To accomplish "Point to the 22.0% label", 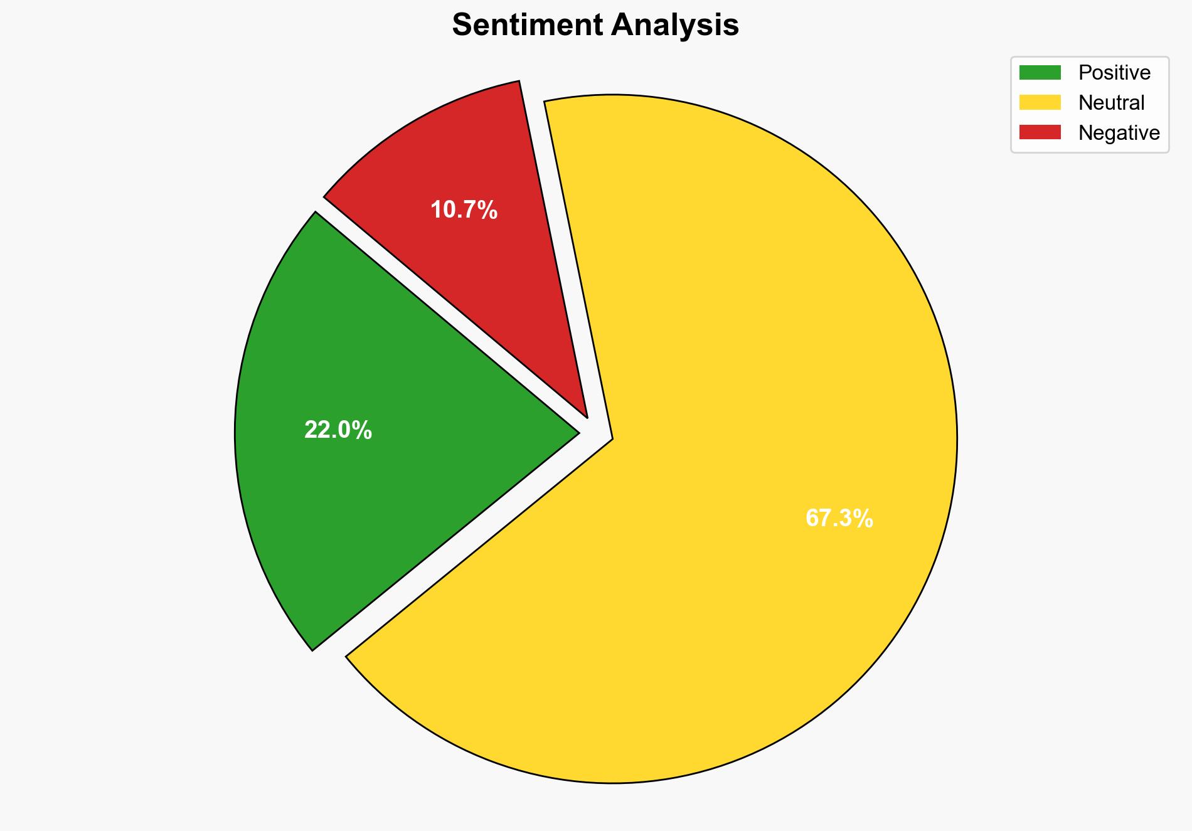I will coord(338,430).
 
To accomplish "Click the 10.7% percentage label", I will coord(464,210).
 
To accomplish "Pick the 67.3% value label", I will coord(839,519).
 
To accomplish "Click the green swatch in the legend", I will coord(1040,73).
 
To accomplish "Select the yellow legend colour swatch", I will coord(1040,102).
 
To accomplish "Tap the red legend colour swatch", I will coord(1040,132).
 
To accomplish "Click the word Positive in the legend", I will coord(1114,73).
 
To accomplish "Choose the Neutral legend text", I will coord(1111,102).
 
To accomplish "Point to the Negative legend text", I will coord(1119,132).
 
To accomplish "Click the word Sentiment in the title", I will coord(527,25).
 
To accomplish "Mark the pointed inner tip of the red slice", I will coord(586,415).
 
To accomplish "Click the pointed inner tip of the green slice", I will coord(577,432).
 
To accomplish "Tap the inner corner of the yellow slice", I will coord(612,438).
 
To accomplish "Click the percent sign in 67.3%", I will coord(865,519).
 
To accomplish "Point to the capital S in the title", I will coord(462,25).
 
